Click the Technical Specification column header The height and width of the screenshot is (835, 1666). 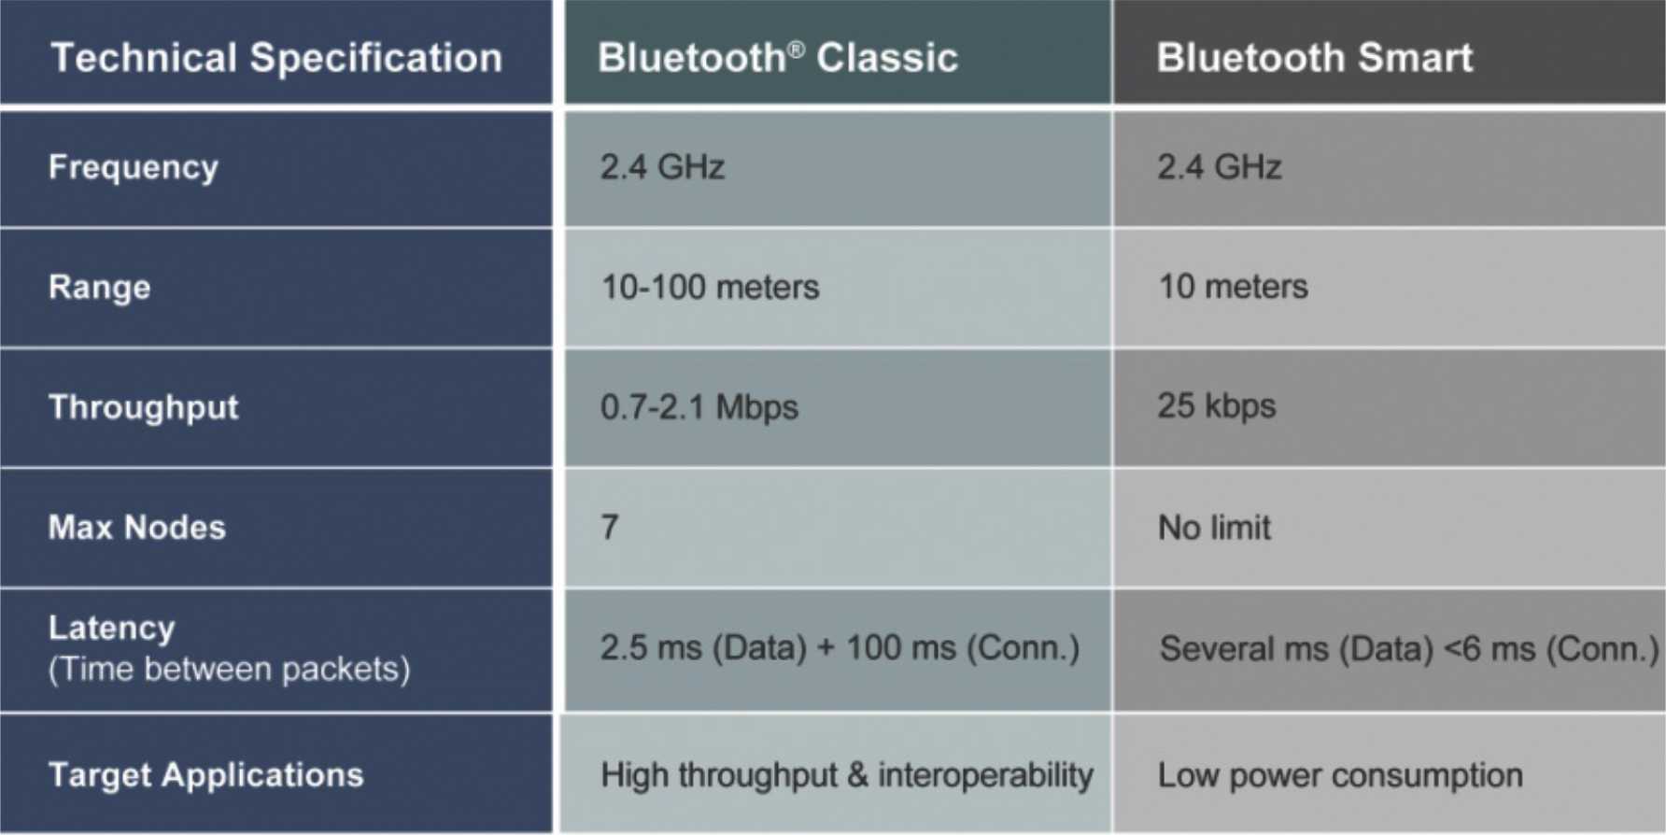276,58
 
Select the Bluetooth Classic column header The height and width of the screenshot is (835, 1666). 778,58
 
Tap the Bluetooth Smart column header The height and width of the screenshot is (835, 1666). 1315,58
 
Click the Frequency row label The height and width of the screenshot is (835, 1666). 134,168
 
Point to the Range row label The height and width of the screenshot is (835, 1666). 100,288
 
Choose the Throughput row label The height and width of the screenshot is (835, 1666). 144,408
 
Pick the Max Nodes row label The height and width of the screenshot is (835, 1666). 137,528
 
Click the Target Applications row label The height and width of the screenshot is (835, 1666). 206,776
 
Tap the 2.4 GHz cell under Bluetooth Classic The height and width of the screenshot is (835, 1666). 662,167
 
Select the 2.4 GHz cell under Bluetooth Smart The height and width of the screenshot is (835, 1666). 1220,167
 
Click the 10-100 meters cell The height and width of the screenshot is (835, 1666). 710,287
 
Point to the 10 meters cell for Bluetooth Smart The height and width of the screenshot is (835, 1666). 1234,287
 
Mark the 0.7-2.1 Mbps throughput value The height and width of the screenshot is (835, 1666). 699,407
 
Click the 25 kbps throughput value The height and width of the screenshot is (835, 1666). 1217,406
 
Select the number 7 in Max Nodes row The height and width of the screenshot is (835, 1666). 610,528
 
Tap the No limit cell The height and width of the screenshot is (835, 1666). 1215,528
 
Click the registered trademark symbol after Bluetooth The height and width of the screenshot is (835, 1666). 797,47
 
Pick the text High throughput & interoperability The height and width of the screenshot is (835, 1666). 847,775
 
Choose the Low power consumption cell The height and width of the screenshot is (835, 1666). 1340,775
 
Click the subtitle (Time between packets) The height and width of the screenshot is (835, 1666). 230,670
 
